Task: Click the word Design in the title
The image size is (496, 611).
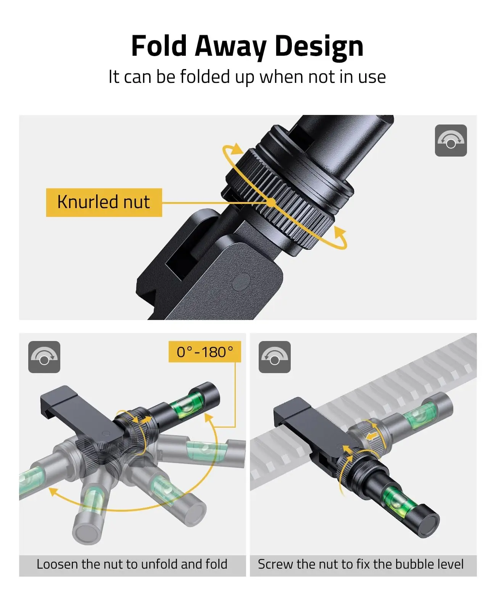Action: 319,46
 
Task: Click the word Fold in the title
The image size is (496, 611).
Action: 159,46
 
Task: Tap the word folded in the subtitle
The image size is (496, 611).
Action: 205,77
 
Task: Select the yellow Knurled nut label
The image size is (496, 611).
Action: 104,202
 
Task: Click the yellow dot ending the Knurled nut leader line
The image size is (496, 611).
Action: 271,202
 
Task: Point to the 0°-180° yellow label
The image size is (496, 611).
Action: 205,352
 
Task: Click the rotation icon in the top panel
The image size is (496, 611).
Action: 451,141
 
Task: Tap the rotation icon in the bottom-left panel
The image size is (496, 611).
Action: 44,357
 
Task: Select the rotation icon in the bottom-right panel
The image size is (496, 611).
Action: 274,357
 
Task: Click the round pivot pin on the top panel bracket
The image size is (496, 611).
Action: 241,282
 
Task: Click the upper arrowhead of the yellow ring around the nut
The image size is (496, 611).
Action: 237,149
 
